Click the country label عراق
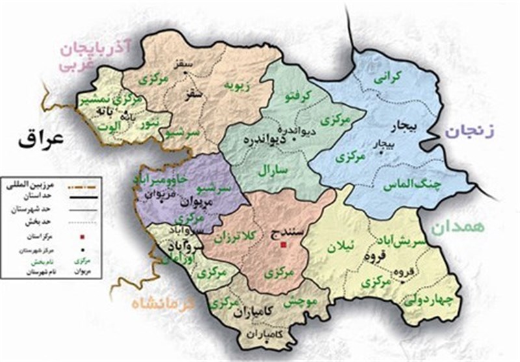pos(37,138)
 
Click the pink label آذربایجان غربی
pos(97,57)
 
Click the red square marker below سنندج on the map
pos(283,246)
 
